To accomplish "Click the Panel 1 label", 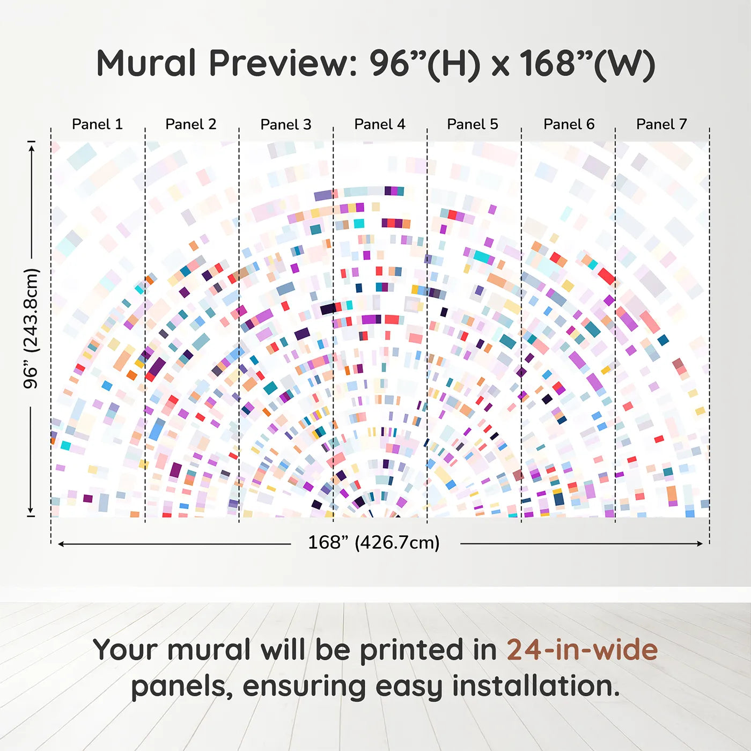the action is point(97,124).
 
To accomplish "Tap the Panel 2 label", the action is point(190,124).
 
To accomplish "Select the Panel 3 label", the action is point(286,124).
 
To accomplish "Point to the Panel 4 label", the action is point(380,124).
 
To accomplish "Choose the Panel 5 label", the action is point(473,124).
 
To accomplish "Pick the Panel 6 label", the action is point(569,124).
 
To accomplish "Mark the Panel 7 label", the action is point(661,124).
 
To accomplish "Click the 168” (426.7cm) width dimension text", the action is point(374,542).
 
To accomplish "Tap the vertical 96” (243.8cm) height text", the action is point(31,328).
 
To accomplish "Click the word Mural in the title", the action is point(146,63).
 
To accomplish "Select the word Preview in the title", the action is point(283,63).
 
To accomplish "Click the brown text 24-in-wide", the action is point(582,649).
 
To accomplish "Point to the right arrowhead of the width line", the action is point(700,543).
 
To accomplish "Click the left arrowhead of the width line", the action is point(61,544).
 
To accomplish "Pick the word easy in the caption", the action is point(409,688).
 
